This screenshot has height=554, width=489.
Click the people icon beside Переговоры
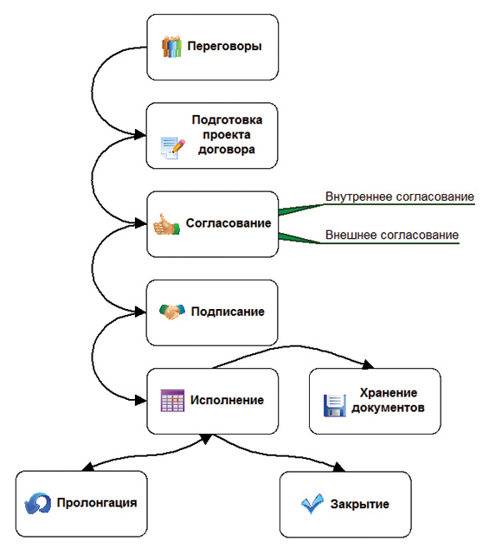(171, 46)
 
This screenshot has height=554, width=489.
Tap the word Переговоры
(225, 46)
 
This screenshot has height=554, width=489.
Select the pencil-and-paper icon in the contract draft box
(172, 148)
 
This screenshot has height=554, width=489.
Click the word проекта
(227, 135)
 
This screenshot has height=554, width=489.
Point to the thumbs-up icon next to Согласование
(166, 224)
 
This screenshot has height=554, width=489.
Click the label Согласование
(228, 223)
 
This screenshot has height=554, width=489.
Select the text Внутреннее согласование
(400, 196)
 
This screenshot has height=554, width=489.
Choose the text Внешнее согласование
(392, 235)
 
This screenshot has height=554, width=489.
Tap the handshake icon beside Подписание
(172, 312)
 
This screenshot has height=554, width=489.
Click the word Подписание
(228, 312)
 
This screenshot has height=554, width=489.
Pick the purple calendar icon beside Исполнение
(172, 400)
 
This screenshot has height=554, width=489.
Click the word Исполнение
(227, 400)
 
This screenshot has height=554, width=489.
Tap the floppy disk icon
(335, 406)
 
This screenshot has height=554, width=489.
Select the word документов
(388, 408)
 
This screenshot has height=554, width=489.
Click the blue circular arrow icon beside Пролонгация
(37, 503)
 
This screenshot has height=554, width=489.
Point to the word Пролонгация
(97, 503)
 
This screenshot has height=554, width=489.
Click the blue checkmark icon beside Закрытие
(312, 504)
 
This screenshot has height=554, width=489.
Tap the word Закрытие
(360, 504)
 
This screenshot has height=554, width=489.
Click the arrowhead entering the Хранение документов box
(368, 364)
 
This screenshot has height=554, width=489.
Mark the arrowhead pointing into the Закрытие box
(339, 467)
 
